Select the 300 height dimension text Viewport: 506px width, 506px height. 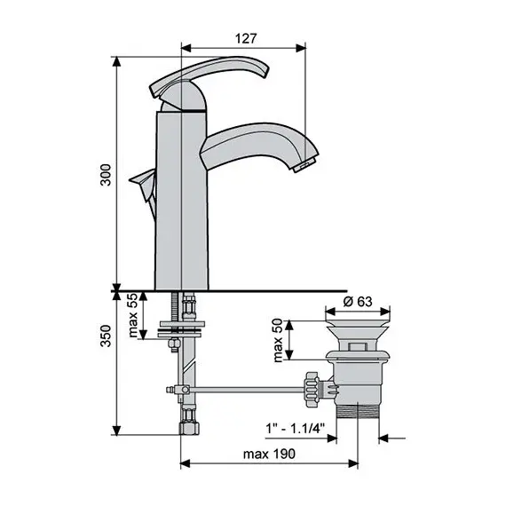point(106,178)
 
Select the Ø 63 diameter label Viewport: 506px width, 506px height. point(358,302)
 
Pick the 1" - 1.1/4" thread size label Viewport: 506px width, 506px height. point(296,428)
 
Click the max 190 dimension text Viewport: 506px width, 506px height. point(269,453)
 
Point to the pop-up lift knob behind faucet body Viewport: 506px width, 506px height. point(141,184)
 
